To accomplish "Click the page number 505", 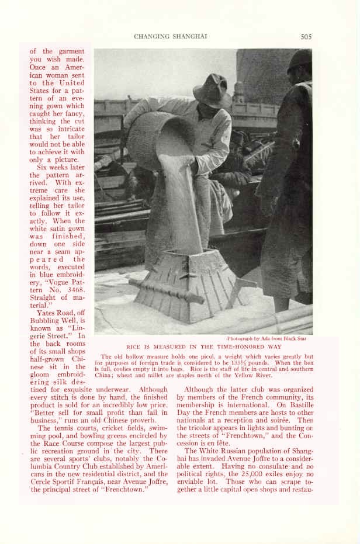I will [x=306, y=36].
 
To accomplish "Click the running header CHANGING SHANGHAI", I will [x=171, y=36].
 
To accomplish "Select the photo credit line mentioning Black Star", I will [x=266, y=338].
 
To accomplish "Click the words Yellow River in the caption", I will [x=265, y=375].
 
